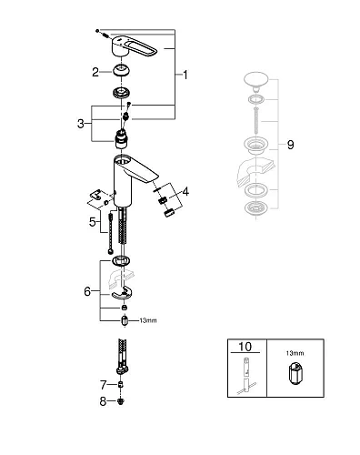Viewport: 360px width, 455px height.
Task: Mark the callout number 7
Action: [104, 383]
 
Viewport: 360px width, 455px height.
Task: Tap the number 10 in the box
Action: [245, 346]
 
